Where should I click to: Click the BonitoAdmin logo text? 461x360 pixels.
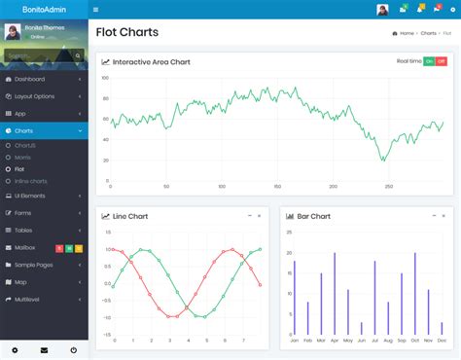[43, 9]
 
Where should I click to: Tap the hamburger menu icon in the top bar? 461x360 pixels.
[95, 10]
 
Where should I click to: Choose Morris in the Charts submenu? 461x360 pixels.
[23, 156]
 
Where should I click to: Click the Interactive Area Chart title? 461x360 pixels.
[151, 61]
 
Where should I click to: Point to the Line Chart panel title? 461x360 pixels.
[130, 216]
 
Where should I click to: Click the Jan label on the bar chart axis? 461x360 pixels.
[294, 341]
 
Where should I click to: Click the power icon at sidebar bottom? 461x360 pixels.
[73, 349]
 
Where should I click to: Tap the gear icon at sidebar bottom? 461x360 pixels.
[15, 349]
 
